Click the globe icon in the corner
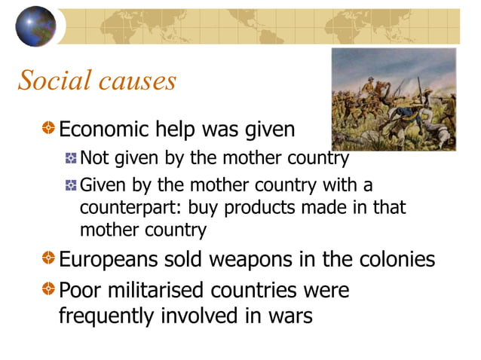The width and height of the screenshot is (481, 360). pyautogui.click(x=35, y=26)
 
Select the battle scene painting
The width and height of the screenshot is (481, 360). pyautogui.click(x=394, y=99)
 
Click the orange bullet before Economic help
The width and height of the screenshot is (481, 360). pyautogui.click(x=48, y=130)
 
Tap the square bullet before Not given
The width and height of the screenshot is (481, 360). pyautogui.click(x=71, y=158)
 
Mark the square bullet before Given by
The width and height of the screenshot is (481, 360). pyautogui.click(x=71, y=185)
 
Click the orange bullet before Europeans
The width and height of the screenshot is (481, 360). pyautogui.click(x=48, y=260)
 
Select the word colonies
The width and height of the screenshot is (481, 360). pyautogui.click(x=396, y=260)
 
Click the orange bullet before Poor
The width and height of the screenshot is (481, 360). pyautogui.click(x=48, y=290)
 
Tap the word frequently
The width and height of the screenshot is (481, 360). pyautogui.click(x=106, y=316)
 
